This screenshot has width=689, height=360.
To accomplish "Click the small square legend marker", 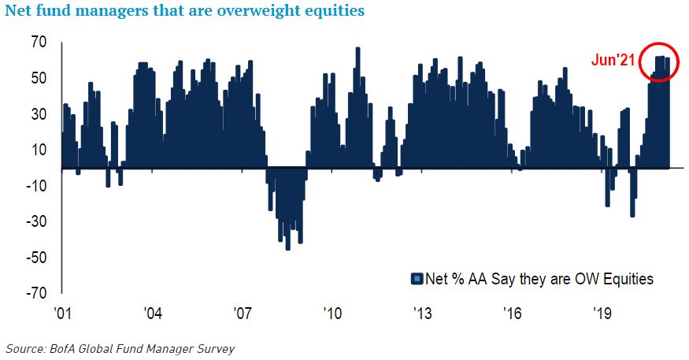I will [416, 279].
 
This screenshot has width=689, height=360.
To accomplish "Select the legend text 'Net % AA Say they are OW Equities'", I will [539, 279].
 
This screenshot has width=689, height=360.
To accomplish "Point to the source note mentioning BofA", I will [120, 347].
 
